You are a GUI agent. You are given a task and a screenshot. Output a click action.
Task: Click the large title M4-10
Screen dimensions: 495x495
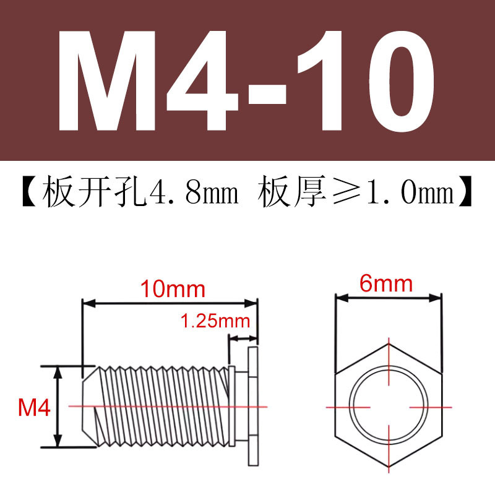point(247,80)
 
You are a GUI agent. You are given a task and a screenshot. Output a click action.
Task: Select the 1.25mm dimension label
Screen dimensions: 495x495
point(215,322)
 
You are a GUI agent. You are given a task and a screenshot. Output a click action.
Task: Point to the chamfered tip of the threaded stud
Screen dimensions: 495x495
point(88,406)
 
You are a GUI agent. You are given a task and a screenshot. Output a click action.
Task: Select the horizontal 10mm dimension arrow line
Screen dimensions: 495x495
point(170,303)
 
